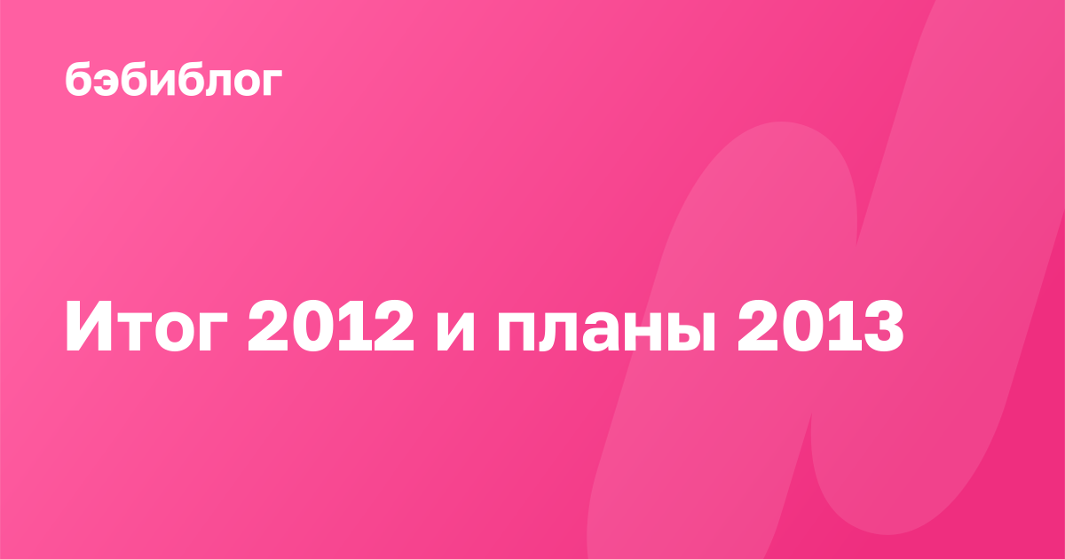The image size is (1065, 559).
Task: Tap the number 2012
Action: (331, 327)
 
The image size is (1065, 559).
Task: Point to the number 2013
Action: (821, 327)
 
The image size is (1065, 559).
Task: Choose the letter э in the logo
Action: (107, 83)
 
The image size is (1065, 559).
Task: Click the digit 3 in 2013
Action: (884, 327)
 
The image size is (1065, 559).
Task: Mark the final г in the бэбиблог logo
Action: (272, 83)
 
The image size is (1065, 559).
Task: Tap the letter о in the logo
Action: (244, 83)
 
